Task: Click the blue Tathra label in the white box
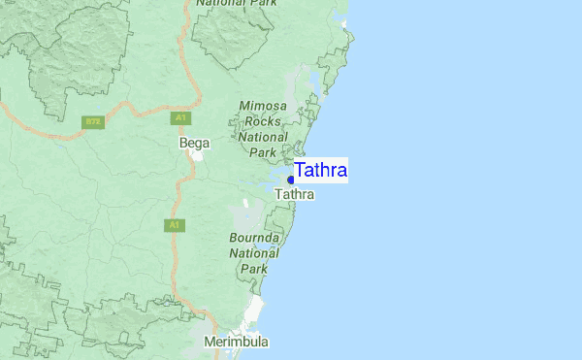(321, 171)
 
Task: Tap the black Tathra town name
(295, 195)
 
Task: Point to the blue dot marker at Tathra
(291, 180)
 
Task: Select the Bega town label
(194, 143)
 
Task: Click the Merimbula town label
(237, 343)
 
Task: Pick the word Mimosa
(263, 106)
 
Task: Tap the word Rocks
(263, 121)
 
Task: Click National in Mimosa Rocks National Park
(263, 137)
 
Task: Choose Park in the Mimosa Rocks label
(263, 152)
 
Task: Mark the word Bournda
(255, 238)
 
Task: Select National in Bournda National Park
(255, 253)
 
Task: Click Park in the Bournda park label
(254, 269)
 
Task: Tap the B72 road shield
(93, 121)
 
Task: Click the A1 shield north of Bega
(180, 118)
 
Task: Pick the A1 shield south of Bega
(173, 225)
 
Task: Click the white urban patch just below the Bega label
(197, 155)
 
